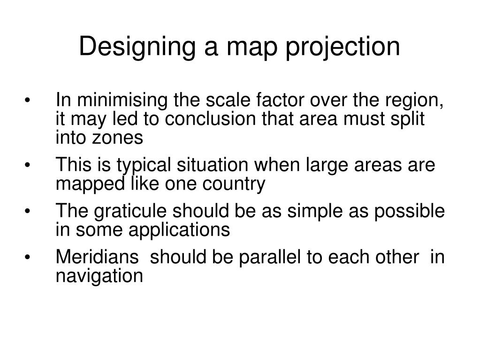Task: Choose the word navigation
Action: [99, 276]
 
